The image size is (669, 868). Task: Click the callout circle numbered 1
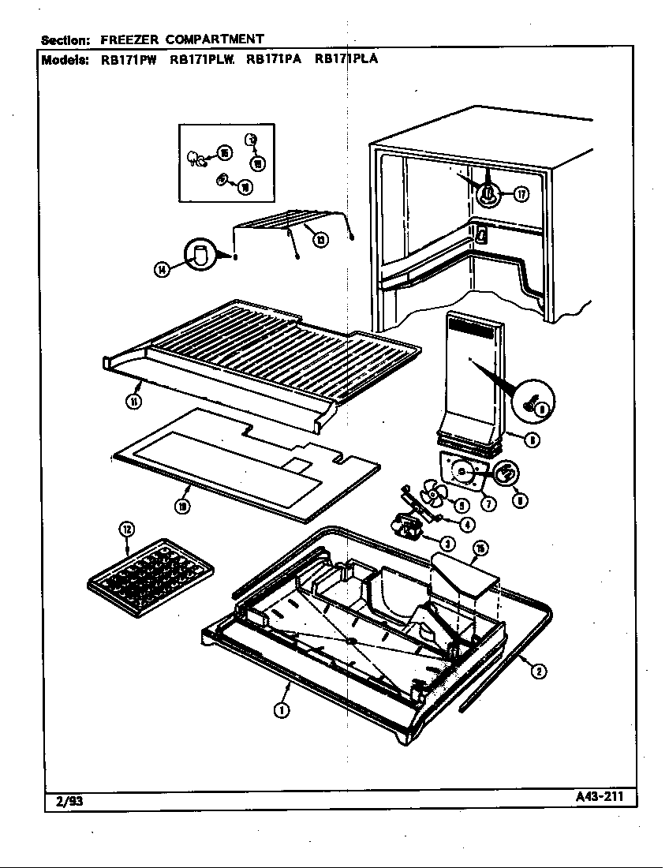pyautogui.click(x=281, y=710)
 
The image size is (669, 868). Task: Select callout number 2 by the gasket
pyautogui.click(x=539, y=672)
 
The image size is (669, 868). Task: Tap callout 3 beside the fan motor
pyautogui.click(x=447, y=543)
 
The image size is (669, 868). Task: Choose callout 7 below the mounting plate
pyautogui.click(x=489, y=504)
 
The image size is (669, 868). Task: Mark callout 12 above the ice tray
pyautogui.click(x=126, y=529)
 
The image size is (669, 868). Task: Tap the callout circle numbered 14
pyautogui.click(x=162, y=270)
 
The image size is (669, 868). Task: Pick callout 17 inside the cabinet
pyautogui.click(x=521, y=194)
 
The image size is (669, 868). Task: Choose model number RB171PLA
pyautogui.click(x=346, y=58)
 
